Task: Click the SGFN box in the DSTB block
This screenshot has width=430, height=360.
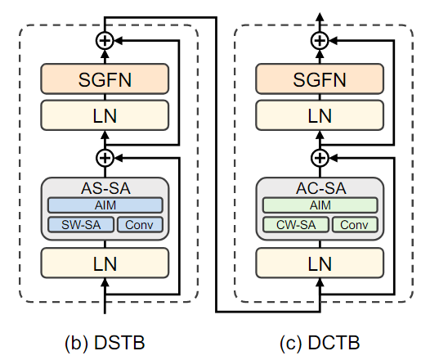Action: pos(105,79)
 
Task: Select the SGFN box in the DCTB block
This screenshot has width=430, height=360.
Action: pos(320,79)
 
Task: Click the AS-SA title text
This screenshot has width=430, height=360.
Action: pos(105,188)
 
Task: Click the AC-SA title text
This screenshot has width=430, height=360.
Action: pos(320,188)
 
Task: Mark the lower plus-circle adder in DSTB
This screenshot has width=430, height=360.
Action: pos(105,157)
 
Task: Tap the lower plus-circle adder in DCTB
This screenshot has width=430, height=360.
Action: pos(320,157)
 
